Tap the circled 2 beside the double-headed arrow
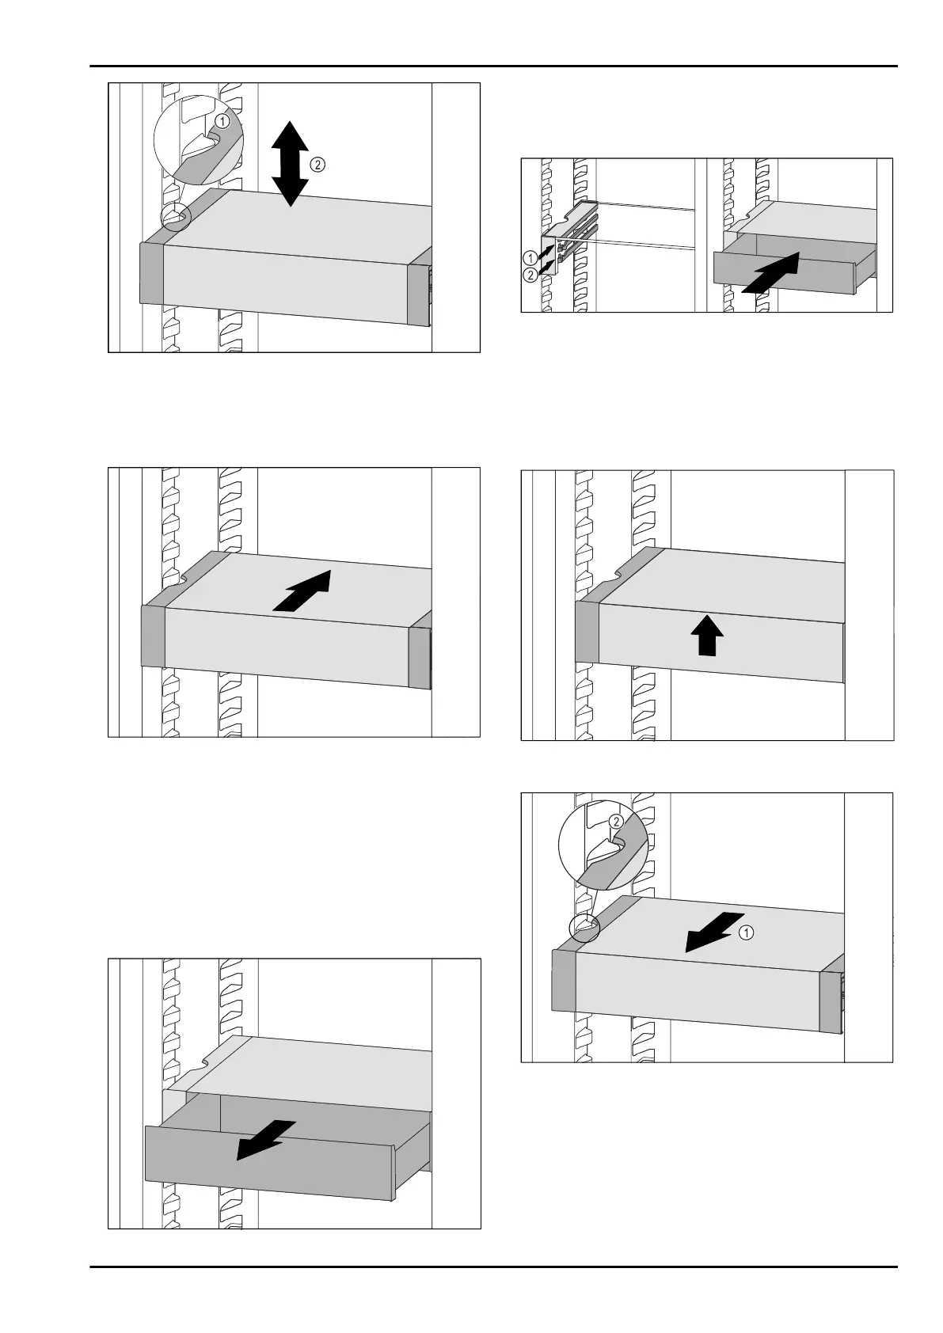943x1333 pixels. [316, 165]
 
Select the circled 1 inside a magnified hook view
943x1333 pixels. [224, 122]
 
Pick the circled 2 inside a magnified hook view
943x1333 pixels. [615, 822]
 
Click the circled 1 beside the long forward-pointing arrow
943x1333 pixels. [746, 932]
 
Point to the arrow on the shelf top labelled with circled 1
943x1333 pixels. [714, 931]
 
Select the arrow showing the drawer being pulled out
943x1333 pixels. [266, 1139]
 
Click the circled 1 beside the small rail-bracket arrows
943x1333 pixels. [529, 257]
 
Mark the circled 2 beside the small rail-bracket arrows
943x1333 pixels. [529, 274]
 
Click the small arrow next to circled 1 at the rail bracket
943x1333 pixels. [546, 253]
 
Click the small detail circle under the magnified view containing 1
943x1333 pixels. [177, 216]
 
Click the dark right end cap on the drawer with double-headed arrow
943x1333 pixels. [418, 293]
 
